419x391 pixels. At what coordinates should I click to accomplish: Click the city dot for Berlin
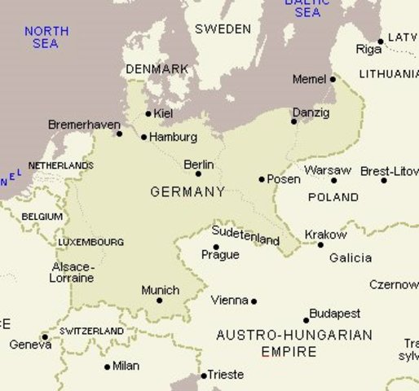198,174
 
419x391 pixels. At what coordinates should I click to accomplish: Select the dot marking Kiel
148,114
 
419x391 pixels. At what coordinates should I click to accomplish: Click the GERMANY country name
187,192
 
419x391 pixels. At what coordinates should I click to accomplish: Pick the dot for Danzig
294,121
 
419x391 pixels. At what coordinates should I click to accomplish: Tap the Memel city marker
333,79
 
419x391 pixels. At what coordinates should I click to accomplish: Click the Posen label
284,179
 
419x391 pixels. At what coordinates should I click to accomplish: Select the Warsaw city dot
333,180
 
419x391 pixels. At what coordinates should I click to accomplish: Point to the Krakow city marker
320,244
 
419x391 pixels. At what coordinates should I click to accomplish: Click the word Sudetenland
245,235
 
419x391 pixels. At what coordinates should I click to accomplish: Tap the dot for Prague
216,247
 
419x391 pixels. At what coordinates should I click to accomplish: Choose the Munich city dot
160,301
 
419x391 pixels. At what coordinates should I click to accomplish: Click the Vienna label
229,301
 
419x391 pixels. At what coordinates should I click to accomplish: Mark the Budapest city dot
307,320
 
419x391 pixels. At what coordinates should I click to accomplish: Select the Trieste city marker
204,376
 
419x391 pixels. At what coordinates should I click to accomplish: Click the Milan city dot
107,367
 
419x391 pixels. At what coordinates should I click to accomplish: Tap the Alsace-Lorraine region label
73,272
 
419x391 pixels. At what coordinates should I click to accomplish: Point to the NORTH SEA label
46,37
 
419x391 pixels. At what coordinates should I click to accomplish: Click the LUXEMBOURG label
91,242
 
